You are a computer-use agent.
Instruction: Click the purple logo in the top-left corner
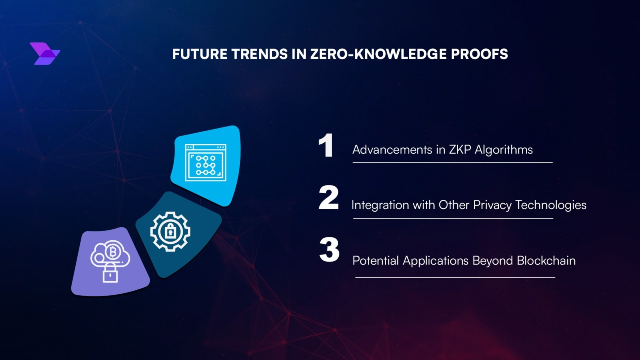click(x=45, y=54)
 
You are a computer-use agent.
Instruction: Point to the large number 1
click(x=326, y=145)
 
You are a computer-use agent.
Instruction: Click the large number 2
click(x=328, y=198)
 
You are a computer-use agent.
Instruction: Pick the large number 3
click(x=329, y=250)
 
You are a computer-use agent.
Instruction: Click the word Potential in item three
click(x=376, y=260)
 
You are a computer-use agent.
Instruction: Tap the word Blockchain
click(x=546, y=260)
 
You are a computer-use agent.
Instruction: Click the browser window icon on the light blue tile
click(x=206, y=162)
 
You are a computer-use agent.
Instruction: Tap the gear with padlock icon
click(x=170, y=232)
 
